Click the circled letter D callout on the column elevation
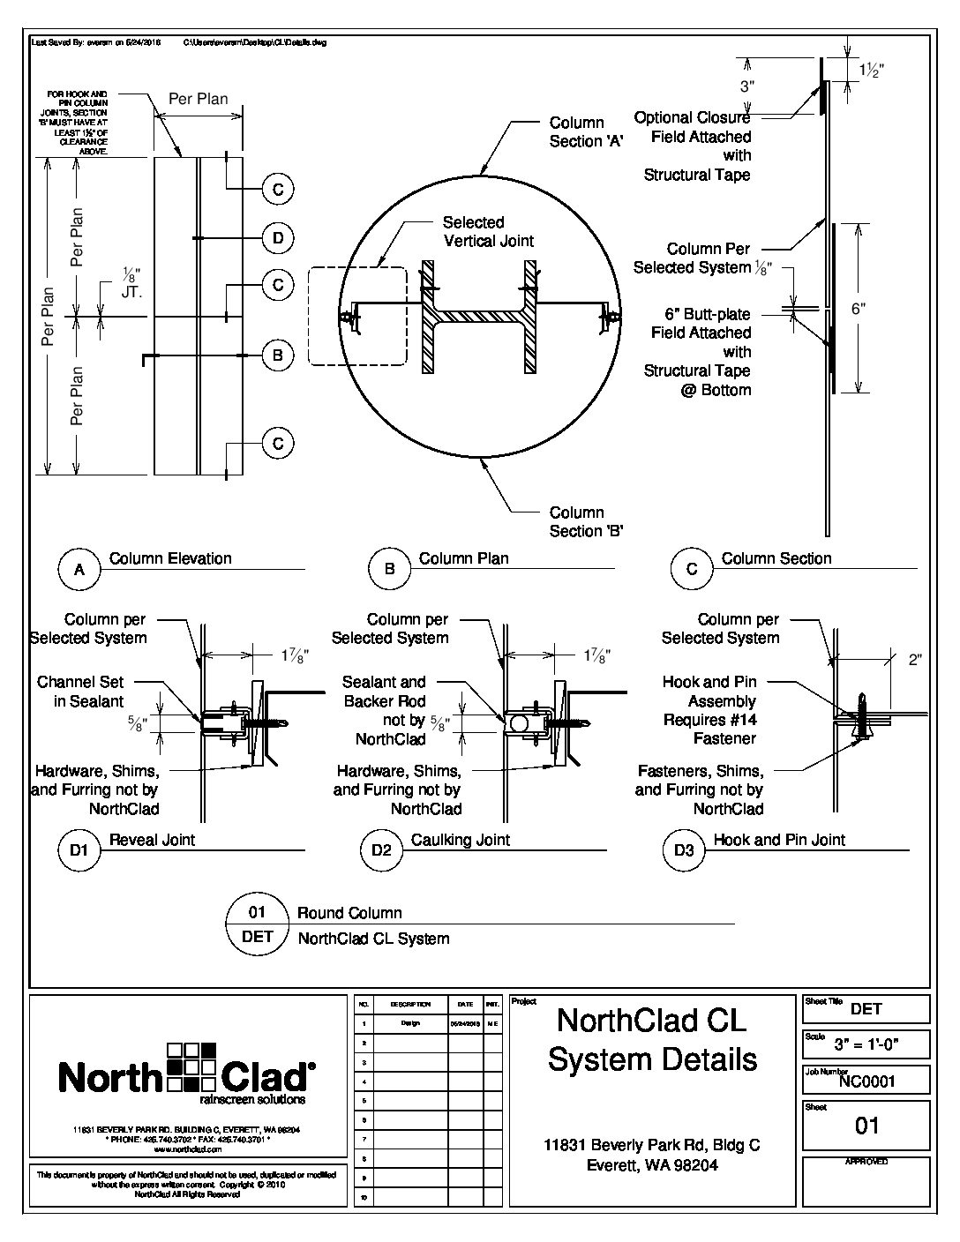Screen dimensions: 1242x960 [x=278, y=237]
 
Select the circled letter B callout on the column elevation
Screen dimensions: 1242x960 [x=278, y=355]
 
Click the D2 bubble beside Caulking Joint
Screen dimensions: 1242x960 [x=381, y=850]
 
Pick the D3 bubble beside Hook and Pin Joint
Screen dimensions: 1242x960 [x=684, y=850]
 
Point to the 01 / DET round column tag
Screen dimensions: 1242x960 [x=257, y=924]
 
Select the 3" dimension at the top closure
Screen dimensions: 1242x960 [x=748, y=86]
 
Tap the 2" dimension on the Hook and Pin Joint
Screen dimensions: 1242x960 [x=914, y=659]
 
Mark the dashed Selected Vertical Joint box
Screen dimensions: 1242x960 [x=357, y=316]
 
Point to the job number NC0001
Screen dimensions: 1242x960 [x=866, y=1081]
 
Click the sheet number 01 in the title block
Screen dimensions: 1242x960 [x=867, y=1126]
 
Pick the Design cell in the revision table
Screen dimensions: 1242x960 [x=410, y=1024]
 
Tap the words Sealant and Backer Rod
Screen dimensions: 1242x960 [x=384, y=692]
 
